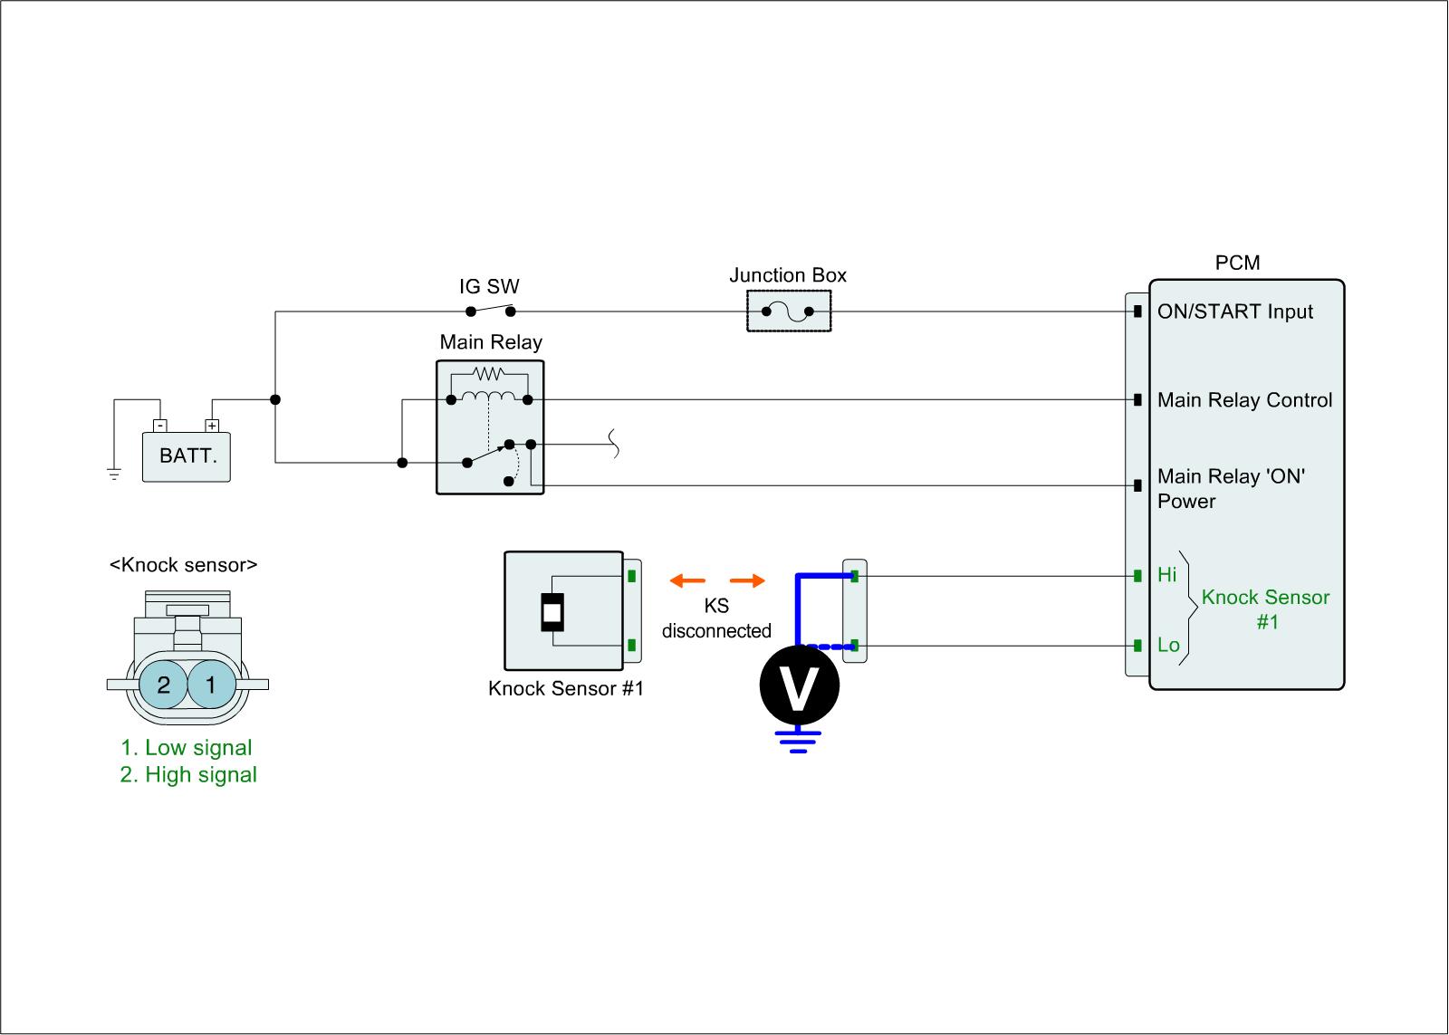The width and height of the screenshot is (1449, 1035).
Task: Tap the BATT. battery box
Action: [x=187, y=455]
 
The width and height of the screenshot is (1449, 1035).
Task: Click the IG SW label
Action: [x=489, y=287]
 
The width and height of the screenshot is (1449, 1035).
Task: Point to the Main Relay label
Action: [x=491, y=342]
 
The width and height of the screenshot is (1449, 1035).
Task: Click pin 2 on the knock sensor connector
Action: [x=163, y=685]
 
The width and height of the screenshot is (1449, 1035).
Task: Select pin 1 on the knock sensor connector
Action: [x=211, y=685]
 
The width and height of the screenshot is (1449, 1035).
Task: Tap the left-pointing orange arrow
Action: [x=687, y=580]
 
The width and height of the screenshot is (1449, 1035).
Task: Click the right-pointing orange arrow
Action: [x=747, y=580]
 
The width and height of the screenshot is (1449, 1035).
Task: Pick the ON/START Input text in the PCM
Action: [x=1234, y=311]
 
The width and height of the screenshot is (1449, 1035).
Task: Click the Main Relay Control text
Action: [x=1244, y=400]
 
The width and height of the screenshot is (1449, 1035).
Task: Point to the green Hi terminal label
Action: [x=1167, y=575]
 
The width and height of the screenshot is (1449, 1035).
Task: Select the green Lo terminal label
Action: [x=1168, y=646]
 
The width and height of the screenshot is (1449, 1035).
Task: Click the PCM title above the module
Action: [x=1237, y=263]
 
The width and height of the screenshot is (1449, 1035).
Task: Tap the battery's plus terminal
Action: [x=212, y=425]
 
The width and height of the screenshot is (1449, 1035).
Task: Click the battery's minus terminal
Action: [x=159, y=425]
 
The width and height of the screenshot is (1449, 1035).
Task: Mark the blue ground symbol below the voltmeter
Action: [x=798, y=741]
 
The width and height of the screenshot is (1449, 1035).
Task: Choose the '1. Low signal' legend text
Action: [x=187, y=748]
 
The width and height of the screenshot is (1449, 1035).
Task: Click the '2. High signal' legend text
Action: [x=188, y=775]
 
